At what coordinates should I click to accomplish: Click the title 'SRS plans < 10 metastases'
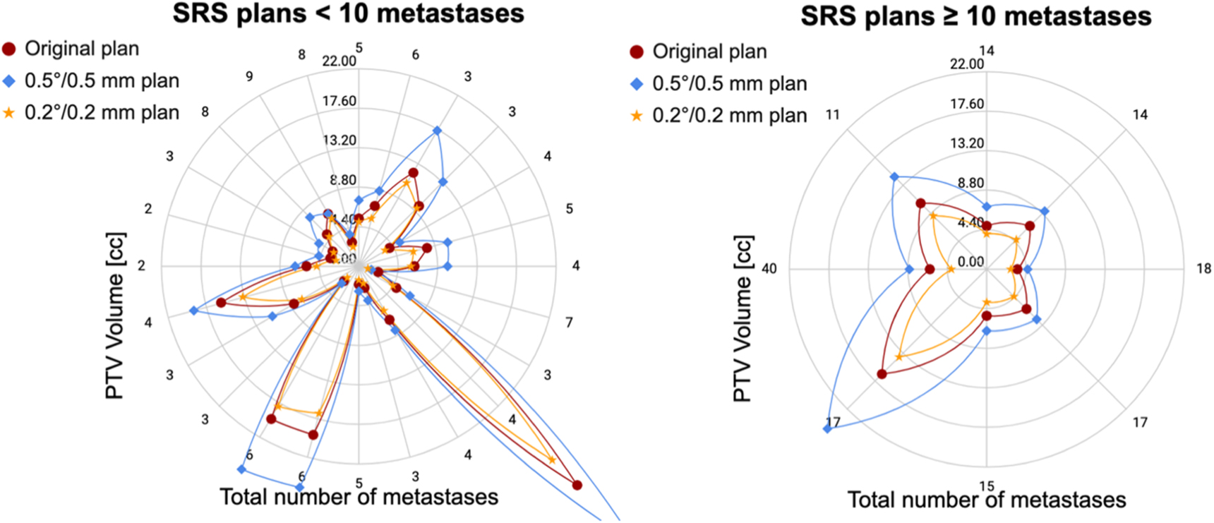tap(348, 13)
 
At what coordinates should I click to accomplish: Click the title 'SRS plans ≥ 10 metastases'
tap(975, 16)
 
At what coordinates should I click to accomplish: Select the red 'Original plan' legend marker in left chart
tap(9, 49)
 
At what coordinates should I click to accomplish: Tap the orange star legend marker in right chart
tap(637, 116)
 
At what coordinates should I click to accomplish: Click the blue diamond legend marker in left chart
tap(9, 81)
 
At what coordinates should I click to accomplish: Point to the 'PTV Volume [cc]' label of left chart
tap(114, 315)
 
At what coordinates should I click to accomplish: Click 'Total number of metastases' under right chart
tap(986, 500)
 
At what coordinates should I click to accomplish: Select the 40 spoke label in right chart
tap(769, 269)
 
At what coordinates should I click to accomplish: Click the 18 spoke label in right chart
tap(1203, 269)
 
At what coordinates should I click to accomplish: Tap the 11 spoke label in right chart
tap(833, 115)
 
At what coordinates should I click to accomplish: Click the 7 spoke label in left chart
tap(569, 323)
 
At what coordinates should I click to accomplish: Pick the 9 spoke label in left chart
tap(249, 76)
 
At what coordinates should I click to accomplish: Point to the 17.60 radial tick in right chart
tap(966, 104)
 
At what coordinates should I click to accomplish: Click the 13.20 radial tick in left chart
tap(339, 140)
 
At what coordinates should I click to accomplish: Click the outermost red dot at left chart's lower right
tap(577, 485)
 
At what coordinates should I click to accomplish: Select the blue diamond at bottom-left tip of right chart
tap(827, 428)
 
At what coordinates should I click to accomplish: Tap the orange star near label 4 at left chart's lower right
tap(552, 460)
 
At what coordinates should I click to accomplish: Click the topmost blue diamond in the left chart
tap(437, 131)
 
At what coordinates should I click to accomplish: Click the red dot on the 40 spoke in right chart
tap(930, 270)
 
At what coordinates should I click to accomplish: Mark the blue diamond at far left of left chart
tap(193, 311)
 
